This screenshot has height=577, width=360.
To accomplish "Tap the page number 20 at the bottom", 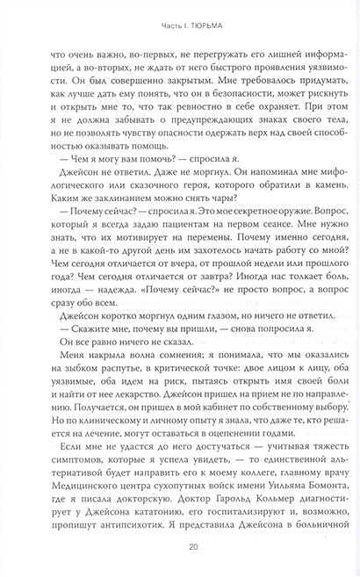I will click(179, 547).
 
